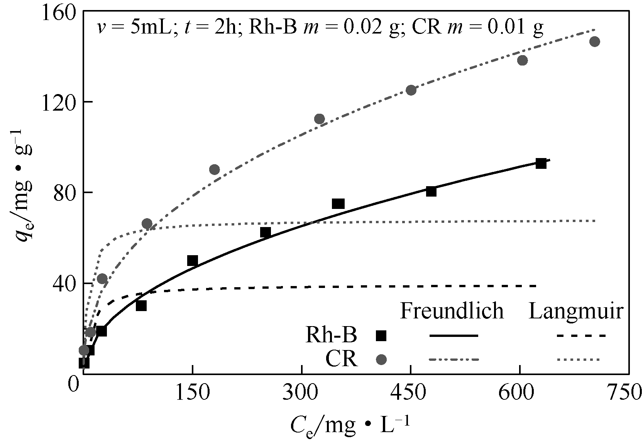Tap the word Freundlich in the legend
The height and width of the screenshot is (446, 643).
(452, 311)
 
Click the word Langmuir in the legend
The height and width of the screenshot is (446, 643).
(575, 311)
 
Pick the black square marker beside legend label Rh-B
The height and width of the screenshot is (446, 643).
(381, 336)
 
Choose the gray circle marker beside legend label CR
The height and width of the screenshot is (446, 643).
(381, 359)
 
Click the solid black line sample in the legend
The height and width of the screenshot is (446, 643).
(454, 336)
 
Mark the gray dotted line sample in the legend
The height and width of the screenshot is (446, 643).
(579, 359)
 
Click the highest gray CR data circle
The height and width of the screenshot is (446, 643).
(595, 42)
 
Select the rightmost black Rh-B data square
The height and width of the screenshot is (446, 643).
(541, 163)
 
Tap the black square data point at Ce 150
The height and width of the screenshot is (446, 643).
(193, 261)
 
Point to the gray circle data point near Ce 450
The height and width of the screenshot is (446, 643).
(411, 90)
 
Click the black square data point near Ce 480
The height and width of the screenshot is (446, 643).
(431, 191)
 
